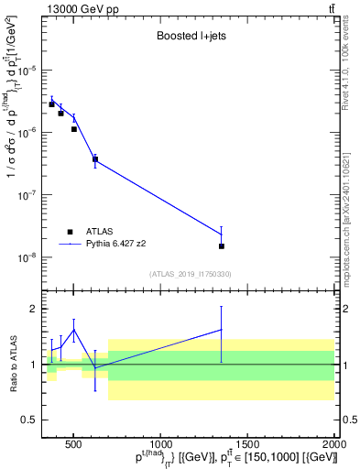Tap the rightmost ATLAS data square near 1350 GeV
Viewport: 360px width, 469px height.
coord(222,245)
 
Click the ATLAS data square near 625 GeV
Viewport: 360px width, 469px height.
coord(95,159)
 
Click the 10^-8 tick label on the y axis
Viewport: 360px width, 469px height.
coord(29,257)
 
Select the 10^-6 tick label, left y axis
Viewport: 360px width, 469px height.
coord(29,133)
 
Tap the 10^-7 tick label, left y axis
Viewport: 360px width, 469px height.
coord(29,195)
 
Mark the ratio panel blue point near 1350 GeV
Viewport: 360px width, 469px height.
coord(222,330)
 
